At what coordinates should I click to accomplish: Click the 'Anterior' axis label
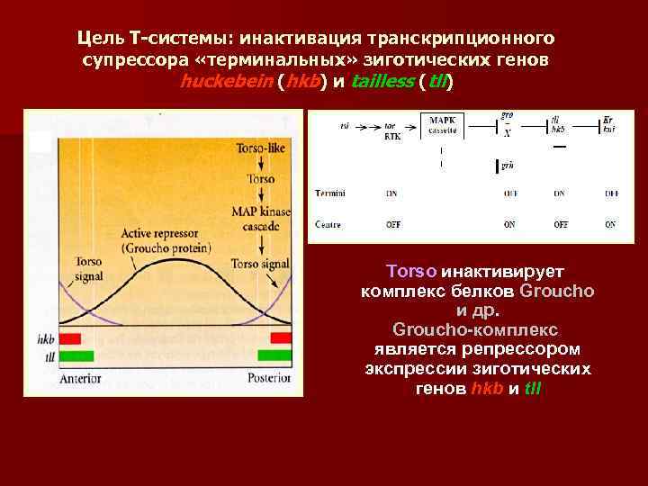[80, 379]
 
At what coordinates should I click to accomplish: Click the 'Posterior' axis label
[270, 379]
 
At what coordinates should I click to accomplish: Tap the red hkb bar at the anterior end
[69, 338]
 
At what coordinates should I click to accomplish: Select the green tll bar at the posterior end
[274, 355]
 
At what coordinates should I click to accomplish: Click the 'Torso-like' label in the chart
[262, 148]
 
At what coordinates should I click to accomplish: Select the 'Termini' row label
[330, 193]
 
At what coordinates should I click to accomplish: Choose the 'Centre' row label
[329, 223]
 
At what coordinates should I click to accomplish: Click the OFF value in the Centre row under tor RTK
[393, 223]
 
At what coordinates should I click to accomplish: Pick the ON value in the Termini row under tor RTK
[393, 193]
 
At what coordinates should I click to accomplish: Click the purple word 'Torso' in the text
[411, 271]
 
